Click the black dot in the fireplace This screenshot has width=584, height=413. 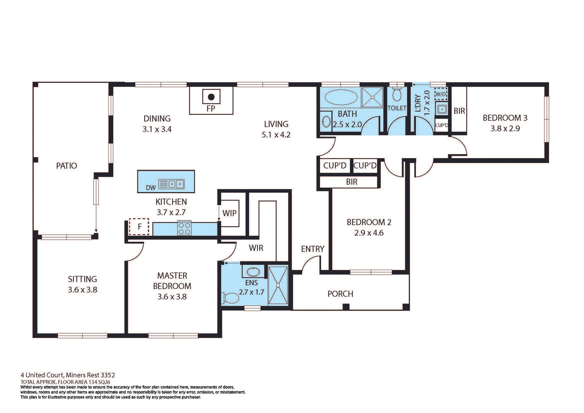click(x=211, y=97)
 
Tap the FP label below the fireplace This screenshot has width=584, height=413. click(x=211, y=109)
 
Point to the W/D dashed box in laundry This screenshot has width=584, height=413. click(x=441, y=94)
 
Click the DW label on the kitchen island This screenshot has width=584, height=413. click(x=151, y=188)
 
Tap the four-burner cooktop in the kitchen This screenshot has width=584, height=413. click(x=184, y=228)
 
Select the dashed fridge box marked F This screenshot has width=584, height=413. click(x=139, y=227)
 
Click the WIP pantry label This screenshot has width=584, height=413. click(x=229, y=213)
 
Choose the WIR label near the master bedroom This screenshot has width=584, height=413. click(x=256, y=248)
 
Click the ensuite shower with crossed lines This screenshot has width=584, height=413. click(x=278, y=285)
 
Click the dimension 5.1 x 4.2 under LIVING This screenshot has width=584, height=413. click(x=276, y=135)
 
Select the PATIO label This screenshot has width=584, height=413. click(x=67, y=166)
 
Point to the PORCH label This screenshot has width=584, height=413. click(x=340, y=294)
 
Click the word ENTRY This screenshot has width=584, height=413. click(x=313, y=249)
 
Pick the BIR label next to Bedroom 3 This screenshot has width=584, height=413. click(x=459, y=111)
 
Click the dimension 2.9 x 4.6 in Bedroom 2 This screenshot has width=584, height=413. click(x=369, y=233)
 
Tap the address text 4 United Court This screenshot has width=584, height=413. click(x=68, y=375)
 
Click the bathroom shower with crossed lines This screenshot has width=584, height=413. click(x=372, y=97)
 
